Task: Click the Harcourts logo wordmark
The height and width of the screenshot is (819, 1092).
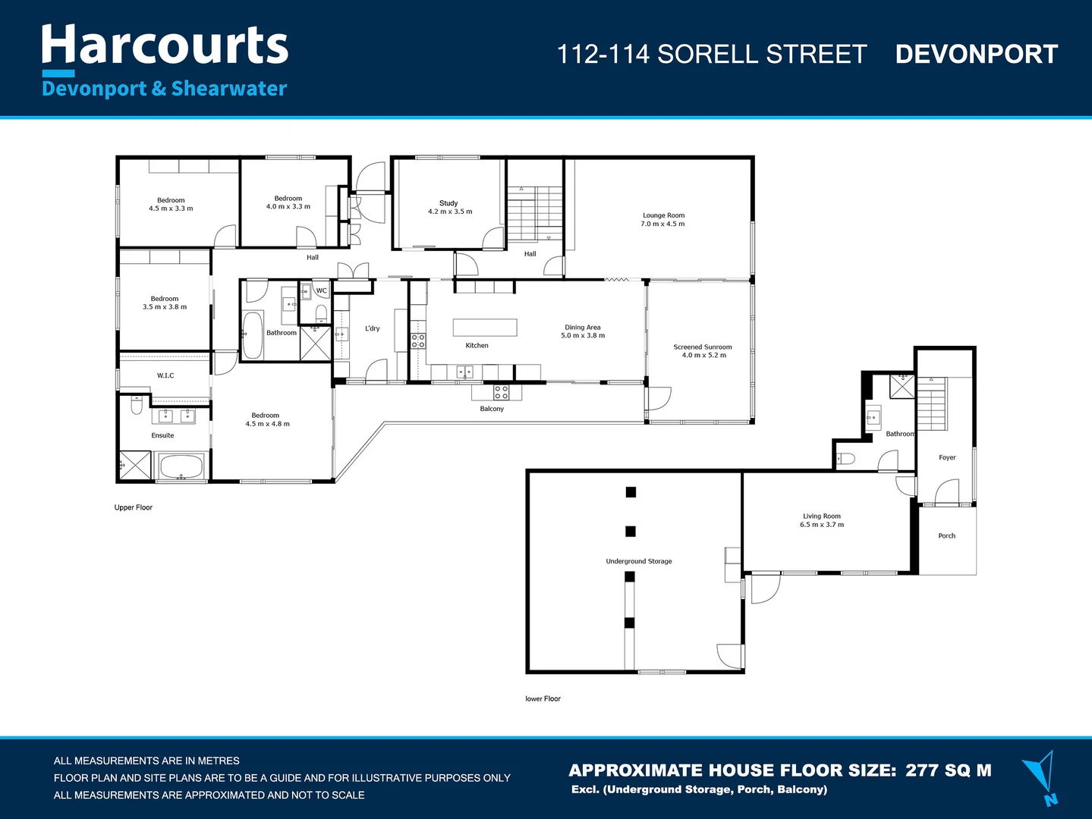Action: tap(165, 45)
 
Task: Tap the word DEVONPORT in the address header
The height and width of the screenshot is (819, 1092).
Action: tap(976, 55)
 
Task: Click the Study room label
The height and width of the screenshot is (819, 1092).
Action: tap(448, 203)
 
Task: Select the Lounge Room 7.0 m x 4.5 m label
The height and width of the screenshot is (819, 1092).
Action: tap(663, 219)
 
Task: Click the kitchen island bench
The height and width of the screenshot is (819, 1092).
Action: tap(485, 327)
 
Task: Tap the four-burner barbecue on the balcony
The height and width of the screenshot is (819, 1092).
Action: tap(501, 392)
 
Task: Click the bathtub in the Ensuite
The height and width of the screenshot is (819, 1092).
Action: tap(181, 466)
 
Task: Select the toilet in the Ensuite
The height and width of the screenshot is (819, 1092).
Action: tap(137, 406)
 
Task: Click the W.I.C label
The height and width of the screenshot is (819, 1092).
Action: tap(165, 375)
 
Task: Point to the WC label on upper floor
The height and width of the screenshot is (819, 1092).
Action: tap(322, 290)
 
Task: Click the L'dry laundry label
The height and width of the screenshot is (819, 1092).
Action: tap(372, 328)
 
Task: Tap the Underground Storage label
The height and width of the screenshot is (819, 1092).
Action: tap(638, 561)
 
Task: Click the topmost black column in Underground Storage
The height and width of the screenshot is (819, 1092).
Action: tap(631, 492)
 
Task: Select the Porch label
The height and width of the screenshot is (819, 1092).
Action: tap(946, 535)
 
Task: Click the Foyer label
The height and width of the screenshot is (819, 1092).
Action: tap(947, 457)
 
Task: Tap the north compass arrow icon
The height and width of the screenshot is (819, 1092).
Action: tap(1041, 776)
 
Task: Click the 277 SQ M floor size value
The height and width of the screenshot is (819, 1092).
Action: tap(948, 770)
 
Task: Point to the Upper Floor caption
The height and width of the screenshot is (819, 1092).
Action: tap(134, 507)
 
